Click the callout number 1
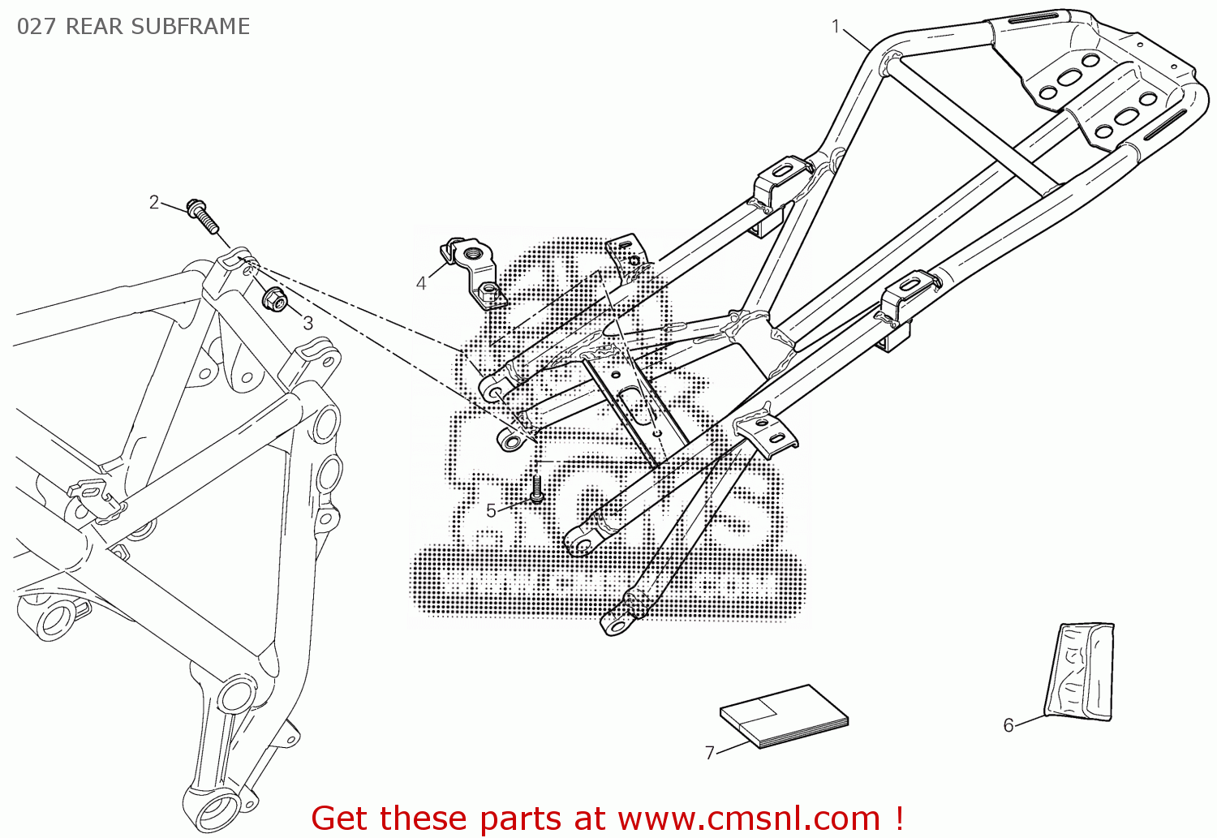[x=836, y=26]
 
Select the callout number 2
[x=154, y=201]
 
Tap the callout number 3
[x=307, y=323]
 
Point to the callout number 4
[x=421, y=283]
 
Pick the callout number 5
[x=491, y=510]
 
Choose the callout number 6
[x=1008, y=724]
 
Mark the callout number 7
[x=710, y=753]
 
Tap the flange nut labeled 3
[x=275, y=300]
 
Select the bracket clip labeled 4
[x=475, y=272]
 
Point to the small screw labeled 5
[x=536, y=489]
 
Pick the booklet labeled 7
[x=784, y=714]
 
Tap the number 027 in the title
[x=37, y=27]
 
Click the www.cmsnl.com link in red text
[x=749, y=818]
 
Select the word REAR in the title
[x=92, y=27]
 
